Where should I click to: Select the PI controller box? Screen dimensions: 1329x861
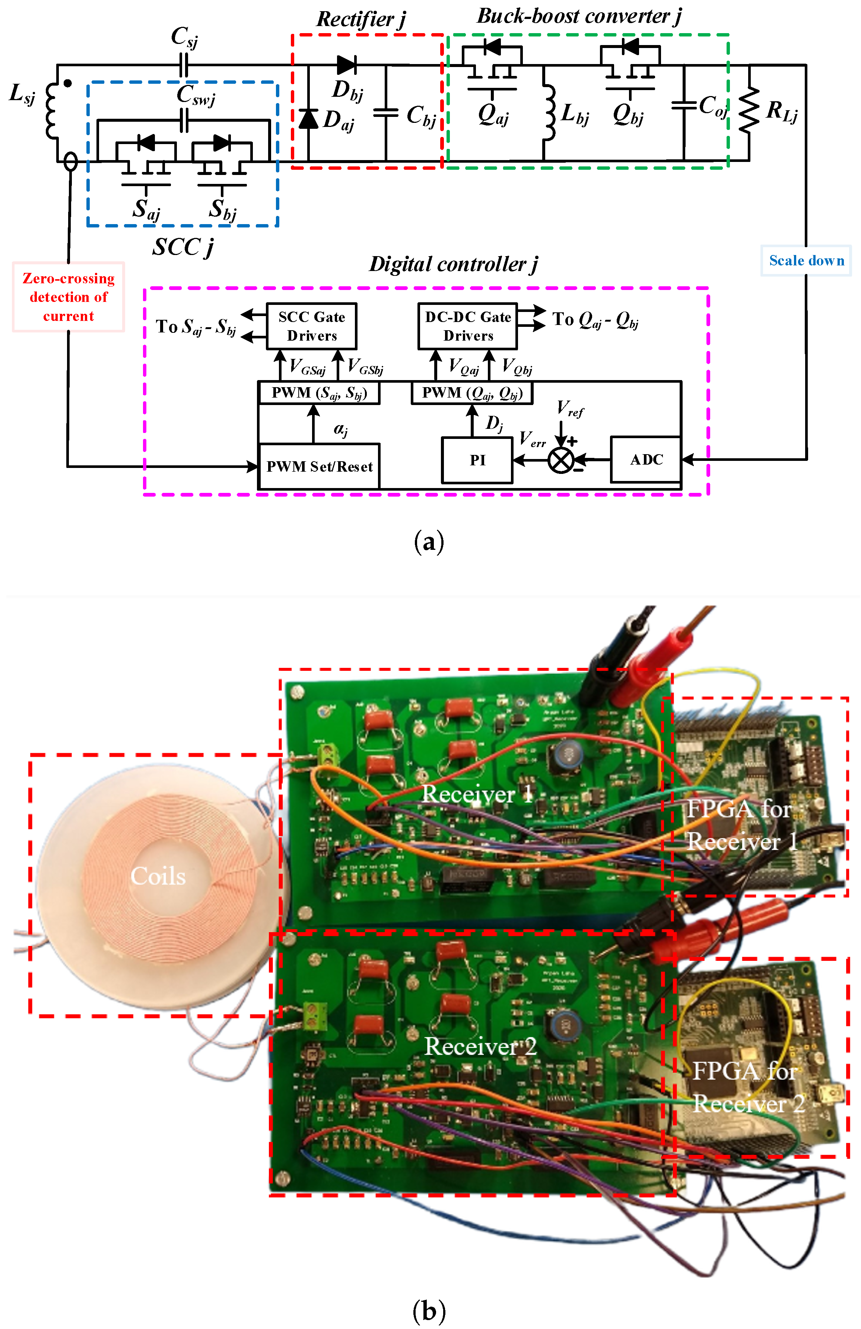pos(477,459)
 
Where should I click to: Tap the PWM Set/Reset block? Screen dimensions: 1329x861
pos(319,466)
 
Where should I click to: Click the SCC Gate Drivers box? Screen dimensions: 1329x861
pos(311,326)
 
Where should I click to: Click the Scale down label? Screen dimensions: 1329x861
pos(806,260)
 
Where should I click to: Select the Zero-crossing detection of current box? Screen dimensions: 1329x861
pos(68,296)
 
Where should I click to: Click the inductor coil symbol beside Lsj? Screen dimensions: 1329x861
pos(52,110)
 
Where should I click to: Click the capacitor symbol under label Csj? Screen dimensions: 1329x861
pos(184,65)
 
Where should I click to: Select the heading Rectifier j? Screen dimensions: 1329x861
pos(361,19)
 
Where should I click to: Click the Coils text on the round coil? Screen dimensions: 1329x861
pos(158,876)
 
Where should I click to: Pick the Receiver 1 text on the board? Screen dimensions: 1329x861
pos(477,794)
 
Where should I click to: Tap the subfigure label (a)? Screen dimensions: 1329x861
pos(429,542)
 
